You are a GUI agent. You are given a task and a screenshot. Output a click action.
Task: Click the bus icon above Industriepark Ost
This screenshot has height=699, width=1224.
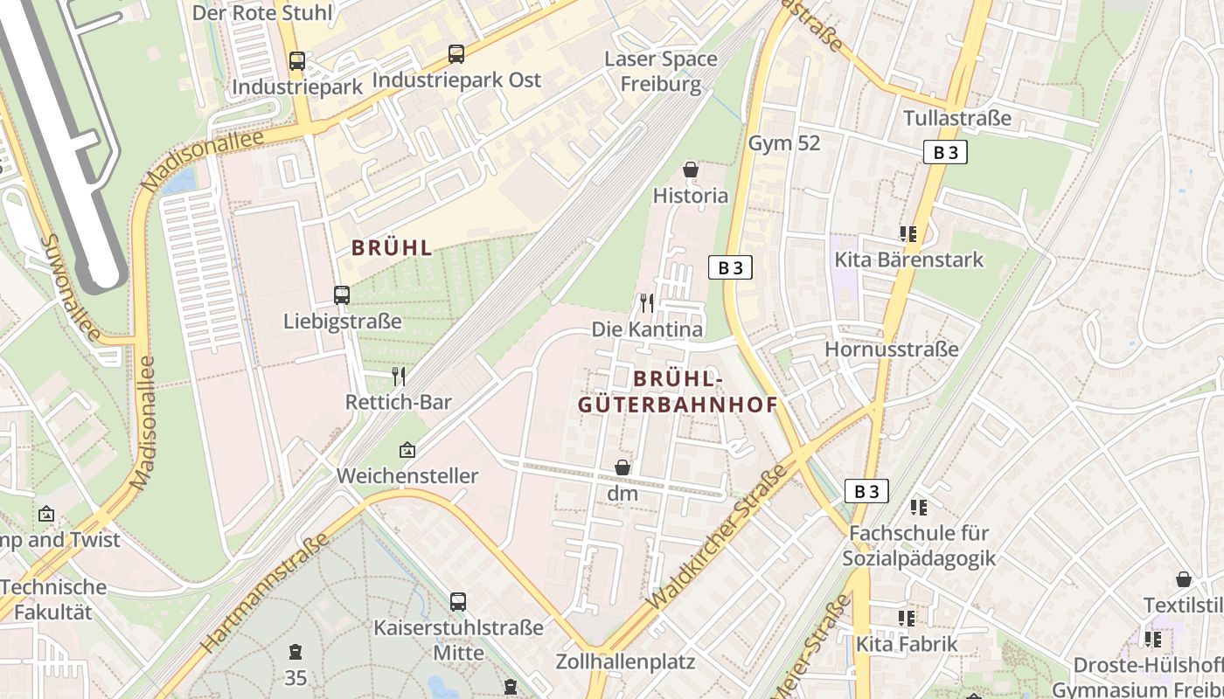click(456, 54)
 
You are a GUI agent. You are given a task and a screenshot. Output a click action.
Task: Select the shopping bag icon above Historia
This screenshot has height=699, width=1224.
click(691, 170)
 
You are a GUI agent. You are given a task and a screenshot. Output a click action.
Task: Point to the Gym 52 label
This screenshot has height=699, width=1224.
click(784, 143)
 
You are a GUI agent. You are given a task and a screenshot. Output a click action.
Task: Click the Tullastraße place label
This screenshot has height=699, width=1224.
click(957, 118)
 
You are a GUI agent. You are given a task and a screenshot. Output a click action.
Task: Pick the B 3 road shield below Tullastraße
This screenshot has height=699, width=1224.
click(945, 152)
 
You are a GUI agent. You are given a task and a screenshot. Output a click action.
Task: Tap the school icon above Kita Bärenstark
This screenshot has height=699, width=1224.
click(908, 234)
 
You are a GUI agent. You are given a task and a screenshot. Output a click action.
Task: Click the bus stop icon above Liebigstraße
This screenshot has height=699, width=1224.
click(342, 295)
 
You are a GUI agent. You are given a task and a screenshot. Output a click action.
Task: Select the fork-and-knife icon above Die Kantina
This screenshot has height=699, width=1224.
click(647, 303)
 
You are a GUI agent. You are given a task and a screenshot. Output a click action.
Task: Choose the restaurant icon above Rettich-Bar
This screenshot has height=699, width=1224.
click(399, 377)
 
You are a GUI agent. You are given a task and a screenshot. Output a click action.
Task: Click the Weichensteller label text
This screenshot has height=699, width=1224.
click(408, 476)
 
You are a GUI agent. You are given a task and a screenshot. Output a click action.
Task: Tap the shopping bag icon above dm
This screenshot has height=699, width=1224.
click(622, 468)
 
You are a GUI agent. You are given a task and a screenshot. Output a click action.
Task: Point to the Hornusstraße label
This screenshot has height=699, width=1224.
click(892, 349)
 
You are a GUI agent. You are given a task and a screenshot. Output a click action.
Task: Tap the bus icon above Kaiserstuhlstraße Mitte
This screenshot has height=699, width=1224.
click(458, 602)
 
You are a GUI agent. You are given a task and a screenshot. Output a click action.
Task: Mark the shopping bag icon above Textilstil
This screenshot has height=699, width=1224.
click(1184, 579)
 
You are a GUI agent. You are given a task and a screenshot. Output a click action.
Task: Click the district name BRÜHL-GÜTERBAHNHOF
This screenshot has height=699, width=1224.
click(678, 391)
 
